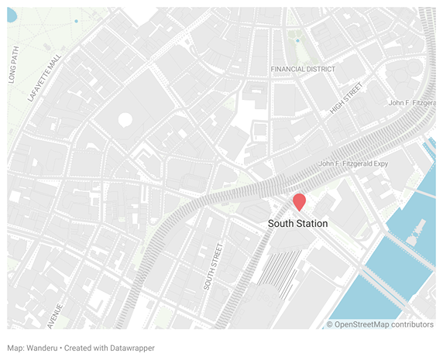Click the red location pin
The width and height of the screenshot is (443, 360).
(298, 201)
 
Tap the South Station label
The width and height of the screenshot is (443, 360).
(297, 224)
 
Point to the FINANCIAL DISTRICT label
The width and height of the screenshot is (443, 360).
(303, 69)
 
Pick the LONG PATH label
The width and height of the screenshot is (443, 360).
(13, 65)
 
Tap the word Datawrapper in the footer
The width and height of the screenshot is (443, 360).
(131, 348)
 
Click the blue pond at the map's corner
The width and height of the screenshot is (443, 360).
(11, 14)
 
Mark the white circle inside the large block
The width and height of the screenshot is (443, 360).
(125, 121)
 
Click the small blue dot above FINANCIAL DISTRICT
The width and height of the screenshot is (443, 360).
(297, 40)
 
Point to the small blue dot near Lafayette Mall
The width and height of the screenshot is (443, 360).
(76, 20)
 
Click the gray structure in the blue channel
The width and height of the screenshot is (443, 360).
(418, 229)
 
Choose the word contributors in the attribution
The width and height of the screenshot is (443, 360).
(413, 324)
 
